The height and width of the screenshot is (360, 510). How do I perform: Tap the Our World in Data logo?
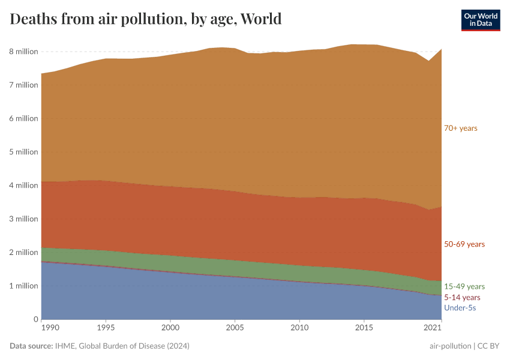pos(480,20)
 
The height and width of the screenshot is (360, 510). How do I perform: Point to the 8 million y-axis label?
pos(23,52)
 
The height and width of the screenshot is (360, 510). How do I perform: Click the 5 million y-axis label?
pos(23,152)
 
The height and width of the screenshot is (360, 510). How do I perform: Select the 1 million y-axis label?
pos(23,286)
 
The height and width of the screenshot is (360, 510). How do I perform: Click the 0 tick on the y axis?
pos(35,319)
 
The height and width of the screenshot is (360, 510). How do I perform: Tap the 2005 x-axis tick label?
pos(235,328)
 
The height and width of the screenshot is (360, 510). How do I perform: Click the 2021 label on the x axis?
pos(433,328)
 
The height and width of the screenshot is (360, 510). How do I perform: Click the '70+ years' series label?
pos(460,128)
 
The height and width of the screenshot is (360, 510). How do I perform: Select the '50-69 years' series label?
pos(464,244)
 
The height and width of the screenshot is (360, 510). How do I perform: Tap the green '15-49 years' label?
pos(464,286)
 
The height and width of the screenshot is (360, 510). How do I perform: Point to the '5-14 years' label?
pos(462,297)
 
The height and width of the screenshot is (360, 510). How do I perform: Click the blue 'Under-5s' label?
pos(460,308)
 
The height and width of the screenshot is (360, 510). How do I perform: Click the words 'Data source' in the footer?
pos(31,346)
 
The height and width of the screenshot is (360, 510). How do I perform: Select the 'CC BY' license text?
pos(488,346)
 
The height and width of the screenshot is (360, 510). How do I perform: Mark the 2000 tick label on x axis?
pos(170,328)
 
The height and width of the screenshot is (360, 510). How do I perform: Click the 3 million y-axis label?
pos(23,219)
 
